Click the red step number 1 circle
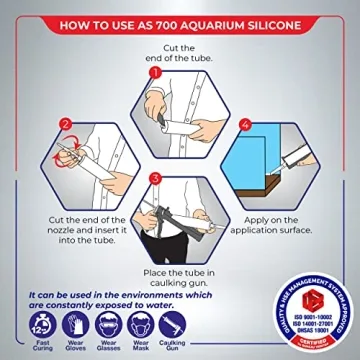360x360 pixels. click(155, 72)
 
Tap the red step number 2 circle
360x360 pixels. click(67, 127)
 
